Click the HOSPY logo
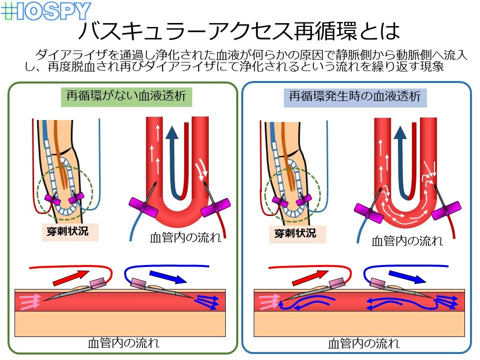tap(46, 11)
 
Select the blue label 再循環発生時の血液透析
tap(355, 96)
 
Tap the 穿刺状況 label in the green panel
tap(69, 232)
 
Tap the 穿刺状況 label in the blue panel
tap(295, 233)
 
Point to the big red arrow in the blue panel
tap(308, 276)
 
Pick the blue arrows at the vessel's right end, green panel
tap(207, 301)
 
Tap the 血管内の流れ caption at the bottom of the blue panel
tap(363, 343)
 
